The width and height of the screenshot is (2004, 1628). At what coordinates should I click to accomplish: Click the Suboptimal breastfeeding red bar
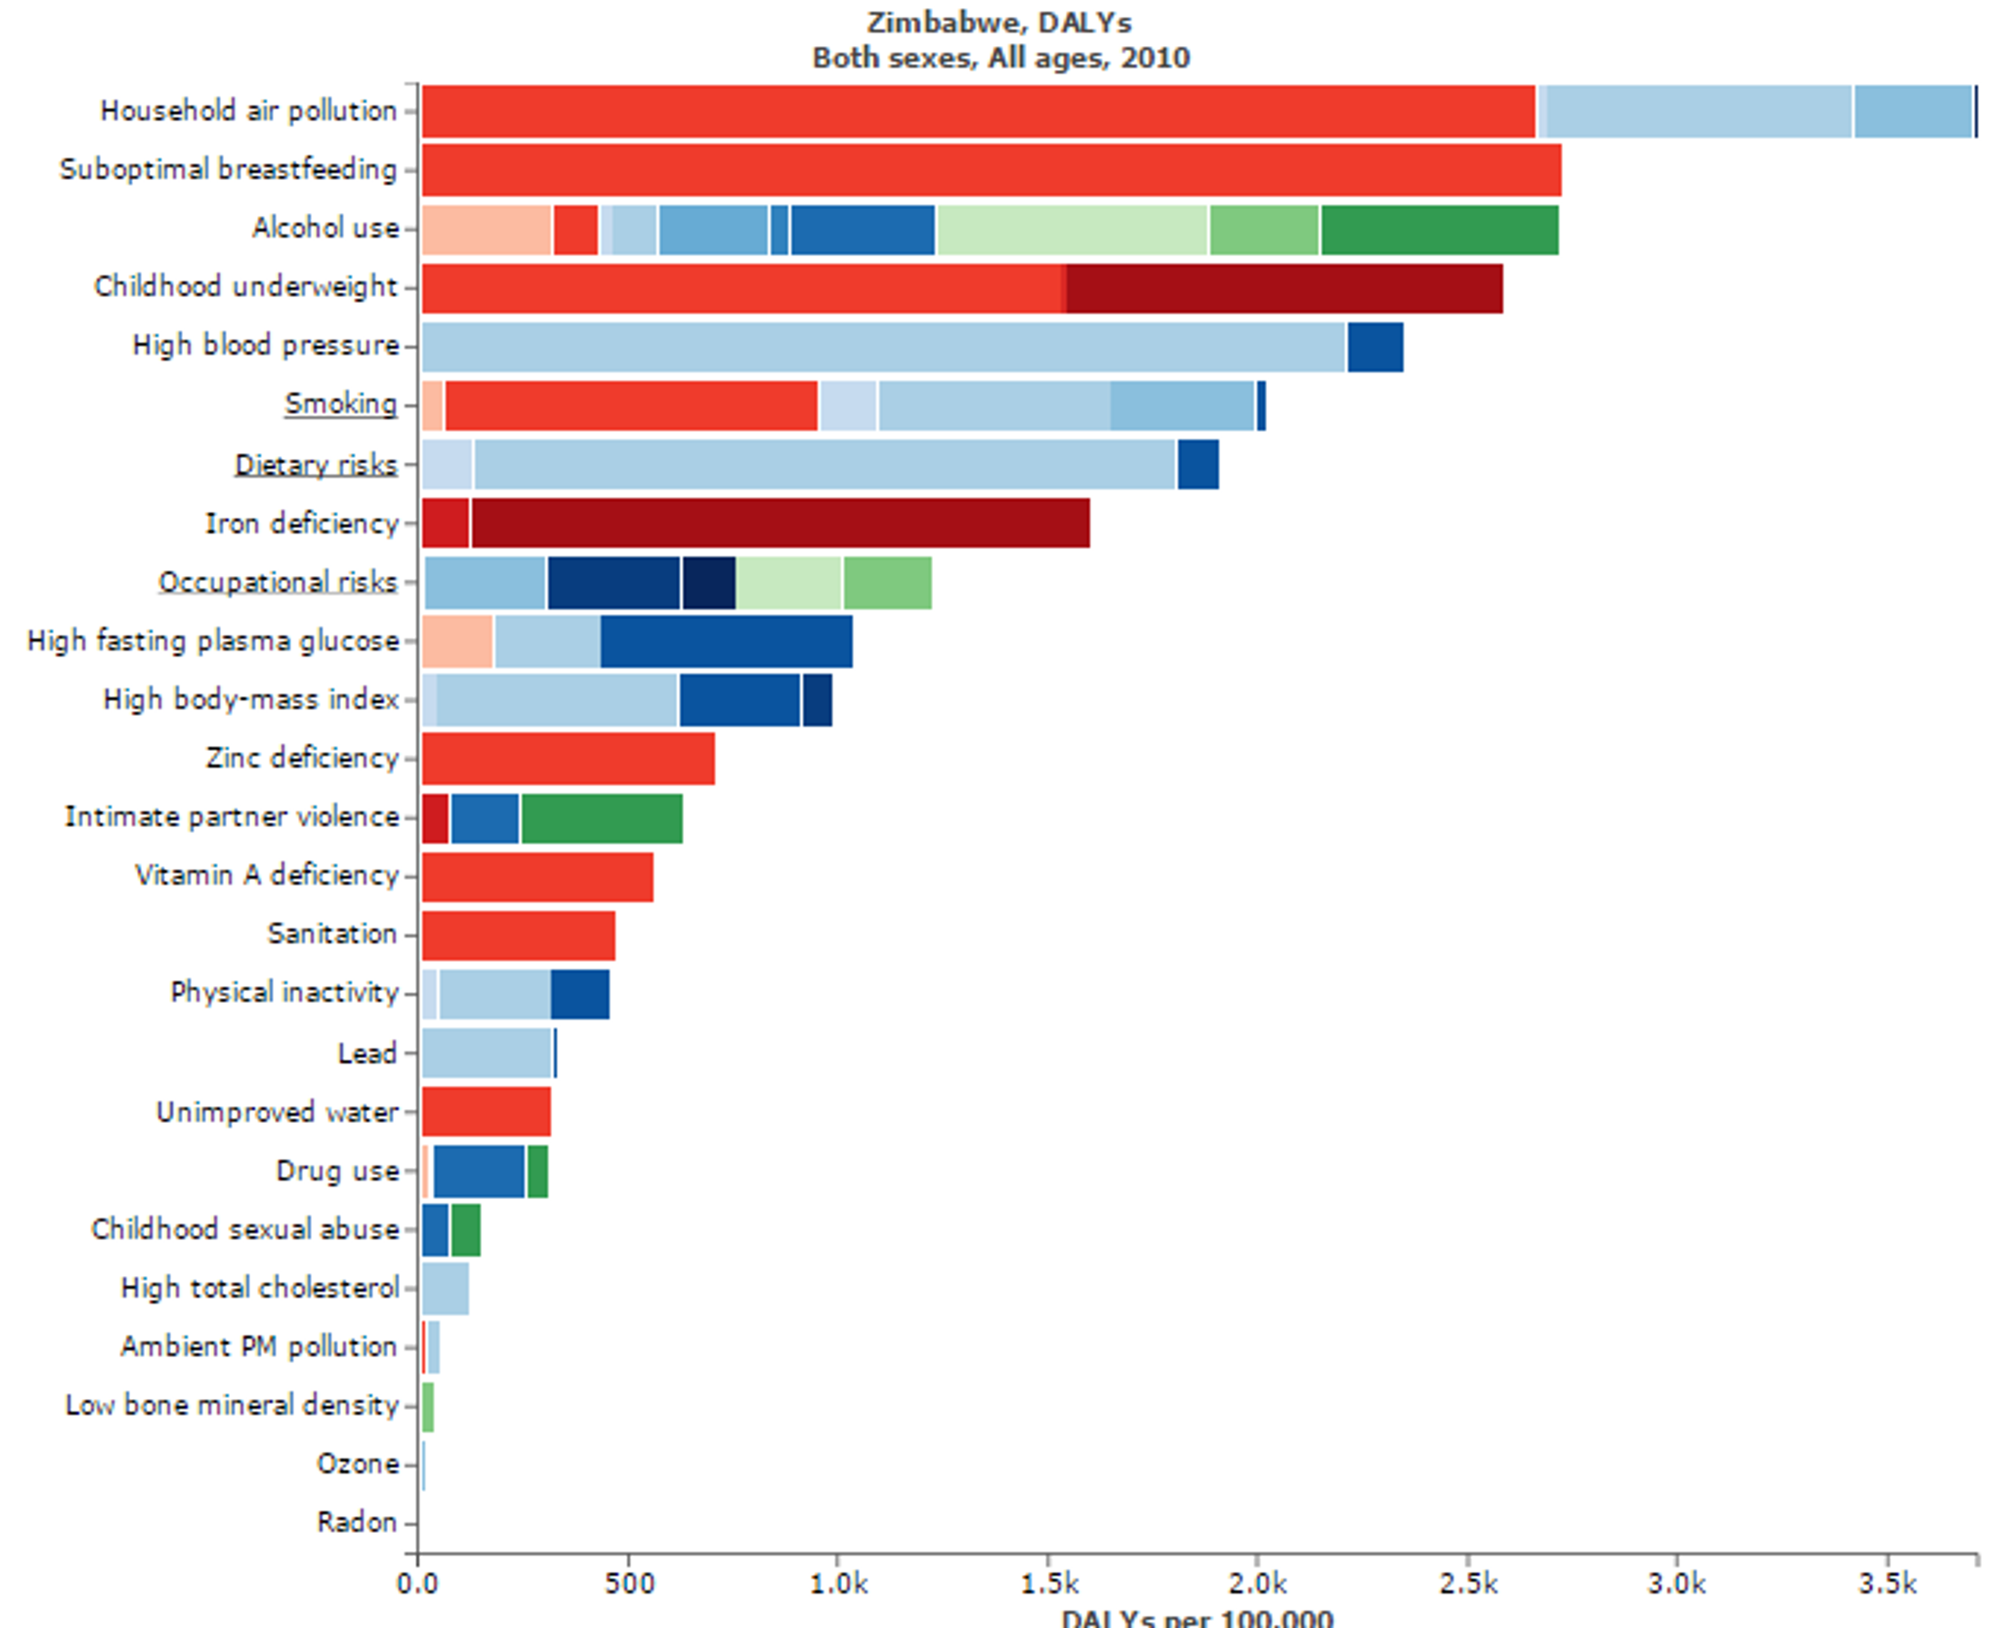[991, 170]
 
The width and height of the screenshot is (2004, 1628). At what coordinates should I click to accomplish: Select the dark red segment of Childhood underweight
[1283, 288]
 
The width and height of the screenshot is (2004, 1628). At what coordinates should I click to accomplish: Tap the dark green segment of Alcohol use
[1439, 230]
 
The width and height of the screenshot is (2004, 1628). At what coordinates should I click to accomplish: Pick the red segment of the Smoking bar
[630, 406]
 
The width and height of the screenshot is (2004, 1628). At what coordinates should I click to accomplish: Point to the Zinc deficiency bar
[568, 758]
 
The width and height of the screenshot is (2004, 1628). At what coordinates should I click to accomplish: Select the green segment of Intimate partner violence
[601, 818]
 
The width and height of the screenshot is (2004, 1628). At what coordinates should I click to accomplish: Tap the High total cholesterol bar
[445, 1288]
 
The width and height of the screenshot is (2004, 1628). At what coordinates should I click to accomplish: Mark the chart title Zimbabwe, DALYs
[999, 22]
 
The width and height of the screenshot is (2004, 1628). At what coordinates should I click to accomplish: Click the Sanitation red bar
[518, 935]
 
